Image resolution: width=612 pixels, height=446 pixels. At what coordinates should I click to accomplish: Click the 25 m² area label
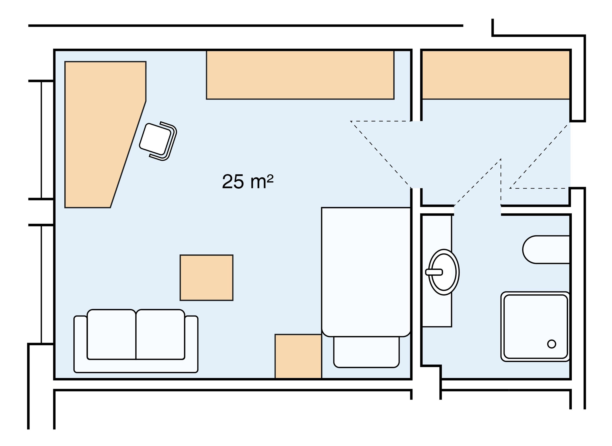point(248,181)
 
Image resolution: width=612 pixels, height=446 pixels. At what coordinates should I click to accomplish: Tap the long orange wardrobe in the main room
point(300,75)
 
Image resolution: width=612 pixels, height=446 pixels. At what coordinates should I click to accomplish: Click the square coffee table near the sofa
point(206,278)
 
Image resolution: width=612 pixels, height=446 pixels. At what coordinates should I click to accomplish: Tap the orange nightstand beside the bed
point(298,356)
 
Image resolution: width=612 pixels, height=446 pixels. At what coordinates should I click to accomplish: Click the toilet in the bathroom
point(545,250)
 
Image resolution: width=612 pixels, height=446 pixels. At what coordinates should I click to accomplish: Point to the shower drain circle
point(552,344)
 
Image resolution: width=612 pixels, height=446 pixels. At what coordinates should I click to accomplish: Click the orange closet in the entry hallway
point(496,75)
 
